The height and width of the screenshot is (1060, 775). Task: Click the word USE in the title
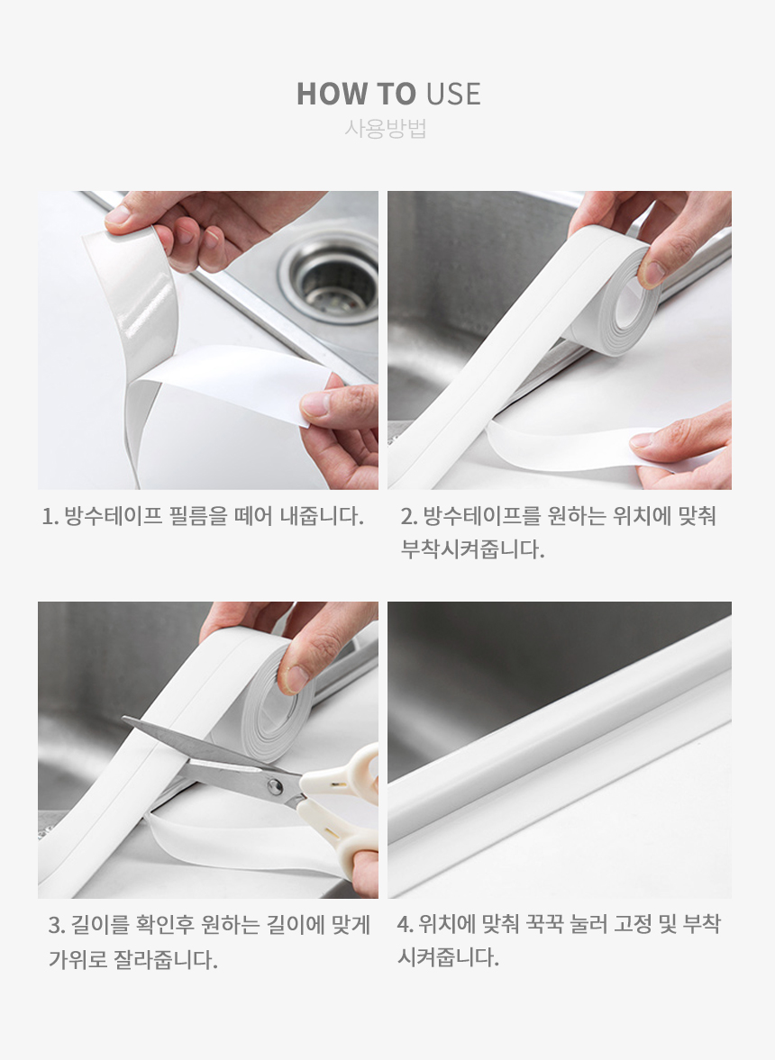(453, 94)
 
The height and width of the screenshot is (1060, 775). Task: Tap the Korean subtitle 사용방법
(386, 129)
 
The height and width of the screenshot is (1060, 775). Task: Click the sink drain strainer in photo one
(329, 276)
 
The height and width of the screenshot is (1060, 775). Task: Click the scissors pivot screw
(275, 785)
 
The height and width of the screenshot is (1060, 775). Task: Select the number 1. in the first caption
(50, 516)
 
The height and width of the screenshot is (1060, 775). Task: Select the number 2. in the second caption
(409, 516)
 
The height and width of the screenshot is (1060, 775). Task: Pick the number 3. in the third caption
(57, 925)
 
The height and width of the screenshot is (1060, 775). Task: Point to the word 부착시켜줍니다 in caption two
(472, 549)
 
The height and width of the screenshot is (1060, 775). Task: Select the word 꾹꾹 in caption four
(544, 924)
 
